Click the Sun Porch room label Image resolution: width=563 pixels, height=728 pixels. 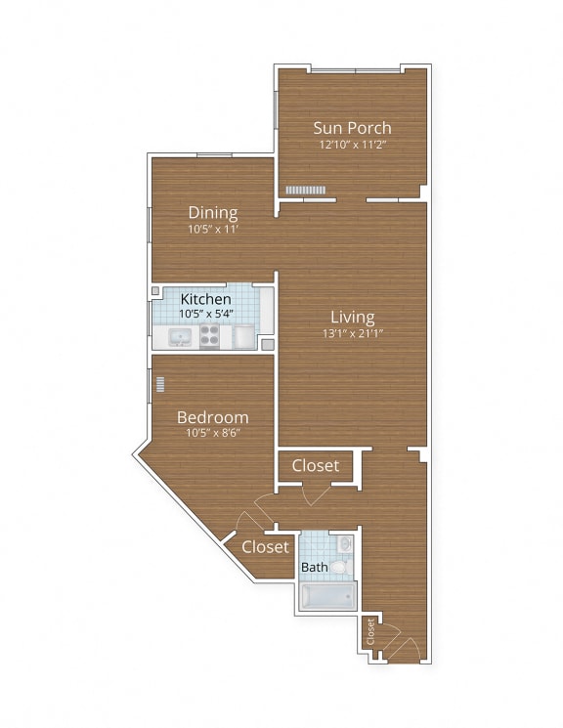[352, 127]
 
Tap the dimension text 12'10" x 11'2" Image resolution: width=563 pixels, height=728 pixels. [352, 145]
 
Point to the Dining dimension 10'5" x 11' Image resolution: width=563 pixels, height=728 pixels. [213, 229]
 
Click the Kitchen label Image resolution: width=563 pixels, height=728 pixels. [205, 298]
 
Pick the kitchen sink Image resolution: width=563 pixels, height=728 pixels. [180, 338]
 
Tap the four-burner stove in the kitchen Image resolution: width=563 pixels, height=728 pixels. [210, 337]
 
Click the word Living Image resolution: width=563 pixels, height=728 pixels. [352, 317]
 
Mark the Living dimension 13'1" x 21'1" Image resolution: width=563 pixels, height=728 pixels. [352, 334]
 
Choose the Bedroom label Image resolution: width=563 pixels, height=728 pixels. [212, 417]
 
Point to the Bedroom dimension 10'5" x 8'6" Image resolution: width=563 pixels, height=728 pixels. [212, 433]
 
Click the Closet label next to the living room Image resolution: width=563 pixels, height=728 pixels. [315, 466]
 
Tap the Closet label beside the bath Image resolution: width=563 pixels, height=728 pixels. [265, 546]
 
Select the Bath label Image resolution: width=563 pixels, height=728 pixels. [314, 568]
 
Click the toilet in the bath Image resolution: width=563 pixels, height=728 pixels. [339, 566]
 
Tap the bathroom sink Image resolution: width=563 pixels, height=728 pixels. [343, 542]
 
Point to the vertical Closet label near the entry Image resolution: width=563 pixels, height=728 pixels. [370, 632]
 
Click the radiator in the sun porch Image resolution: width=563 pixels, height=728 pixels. [305, 190]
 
